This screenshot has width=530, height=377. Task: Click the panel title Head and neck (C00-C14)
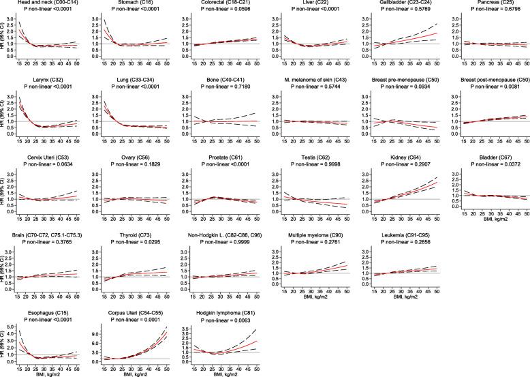coord(46,3)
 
